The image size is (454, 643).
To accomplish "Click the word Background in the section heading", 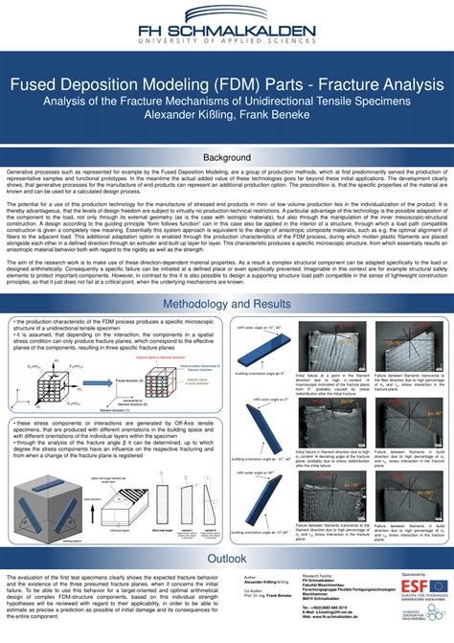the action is pos(227,157).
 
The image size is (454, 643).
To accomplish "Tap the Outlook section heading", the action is pos(227,558).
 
